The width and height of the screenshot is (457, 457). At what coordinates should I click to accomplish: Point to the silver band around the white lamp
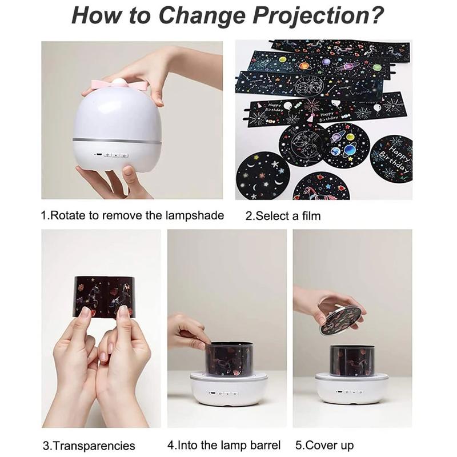[117, 140]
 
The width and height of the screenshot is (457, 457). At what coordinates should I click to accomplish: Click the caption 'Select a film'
[283, 216]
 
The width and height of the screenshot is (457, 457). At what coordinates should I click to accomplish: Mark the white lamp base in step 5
[352, 391]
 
